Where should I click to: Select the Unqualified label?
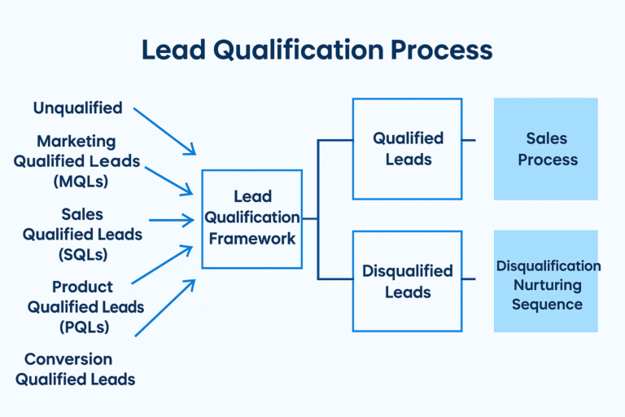click(x=77, y=108)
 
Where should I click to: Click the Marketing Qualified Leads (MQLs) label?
click(x=76, y=161)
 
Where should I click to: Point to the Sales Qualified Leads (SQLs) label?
click(x=82, y=234)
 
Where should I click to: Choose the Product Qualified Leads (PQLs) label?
click(x=85, y=307)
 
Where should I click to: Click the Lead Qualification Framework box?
click(x=251, y=218)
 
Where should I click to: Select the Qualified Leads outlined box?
click(x=407, y=149)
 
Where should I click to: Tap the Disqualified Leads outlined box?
click(x=407, y=281)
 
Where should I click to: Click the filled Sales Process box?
click(x=545, y=149)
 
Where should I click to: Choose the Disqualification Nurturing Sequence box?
click(x=545, y=281)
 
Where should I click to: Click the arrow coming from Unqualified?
click(x=164, y=130)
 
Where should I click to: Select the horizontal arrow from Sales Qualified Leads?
click(x=171, y=219)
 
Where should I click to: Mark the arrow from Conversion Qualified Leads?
click(x=165, y=308)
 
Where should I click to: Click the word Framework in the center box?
click(x=251, y=239)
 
